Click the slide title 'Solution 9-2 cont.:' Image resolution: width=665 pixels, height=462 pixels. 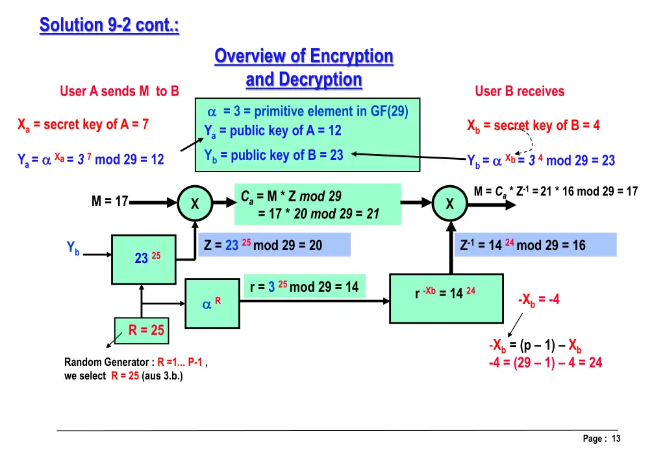click(x=109, y=25)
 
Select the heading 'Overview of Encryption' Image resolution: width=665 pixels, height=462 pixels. click(x=304, y=56)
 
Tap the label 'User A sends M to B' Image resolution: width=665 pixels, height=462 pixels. click(x=119, y=91)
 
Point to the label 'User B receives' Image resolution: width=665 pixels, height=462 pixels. click(x=520, y=91)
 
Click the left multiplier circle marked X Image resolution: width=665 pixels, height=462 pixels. click(x=195, y=204)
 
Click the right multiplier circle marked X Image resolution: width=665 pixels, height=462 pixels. click(x=449, y=204)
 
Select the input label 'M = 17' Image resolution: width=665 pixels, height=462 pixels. click(x=110, y=202)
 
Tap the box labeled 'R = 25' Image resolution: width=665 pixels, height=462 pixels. click(x=140, y=330)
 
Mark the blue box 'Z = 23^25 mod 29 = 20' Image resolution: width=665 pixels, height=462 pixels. click(x=274, y=245)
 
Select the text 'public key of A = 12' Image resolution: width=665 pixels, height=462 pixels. click(x=279, y=131)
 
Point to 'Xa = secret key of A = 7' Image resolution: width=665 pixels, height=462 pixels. click(x=83, y=124)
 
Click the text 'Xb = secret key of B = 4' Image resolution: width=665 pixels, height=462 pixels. click(x=533, y=125)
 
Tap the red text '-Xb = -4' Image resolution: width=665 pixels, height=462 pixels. click(x=538, y=300)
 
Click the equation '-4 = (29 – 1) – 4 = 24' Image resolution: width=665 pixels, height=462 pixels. click(x=546, y=363)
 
